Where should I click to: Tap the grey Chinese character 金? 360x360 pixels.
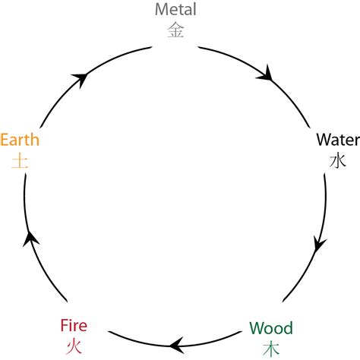[x=175, y=30]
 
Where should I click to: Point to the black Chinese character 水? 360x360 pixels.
[x=337, y=161]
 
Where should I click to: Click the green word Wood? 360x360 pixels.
[x=270, y=329]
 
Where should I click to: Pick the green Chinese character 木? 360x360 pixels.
[x=270, y=349]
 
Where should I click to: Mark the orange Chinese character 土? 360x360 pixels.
[x=20, y=161]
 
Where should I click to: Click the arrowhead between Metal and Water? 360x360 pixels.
[x=266, y=74]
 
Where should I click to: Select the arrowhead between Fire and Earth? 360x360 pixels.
[x=31, y=240]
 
